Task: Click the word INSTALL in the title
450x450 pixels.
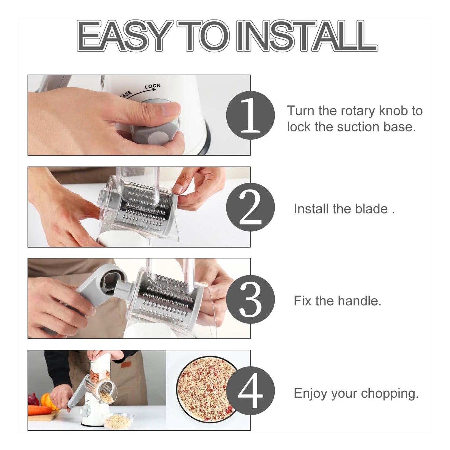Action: coord(307,36)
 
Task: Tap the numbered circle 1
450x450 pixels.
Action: coord(250,115)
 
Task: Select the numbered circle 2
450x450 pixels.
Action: coord(250,208)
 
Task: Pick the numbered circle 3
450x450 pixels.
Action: coord(250,299)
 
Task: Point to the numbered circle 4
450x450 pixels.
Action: coord(250,391)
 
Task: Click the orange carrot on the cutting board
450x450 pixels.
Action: coord(40,410)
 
